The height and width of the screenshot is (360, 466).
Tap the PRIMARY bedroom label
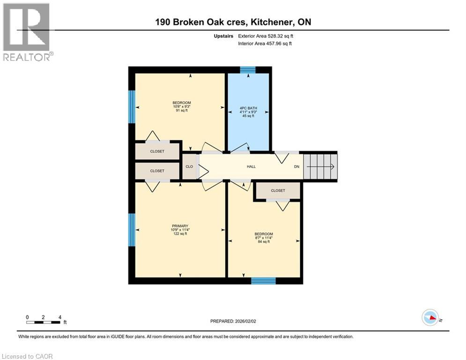[x=180, y=225]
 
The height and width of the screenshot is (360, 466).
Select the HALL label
[x=251, y=166]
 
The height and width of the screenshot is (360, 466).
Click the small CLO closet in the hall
[x=189, y=166]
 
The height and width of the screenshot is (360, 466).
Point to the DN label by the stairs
[x=296, y=166]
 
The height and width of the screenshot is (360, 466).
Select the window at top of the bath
[x=248, y=70]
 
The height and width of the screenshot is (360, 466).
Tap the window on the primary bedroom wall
[x=132, y=230]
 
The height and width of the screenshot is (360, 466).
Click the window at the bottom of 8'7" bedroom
[x=263, y=281]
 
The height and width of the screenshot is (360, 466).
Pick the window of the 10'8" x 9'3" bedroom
[x=132, y=106]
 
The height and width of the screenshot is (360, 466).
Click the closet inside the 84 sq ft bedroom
[x=278, y=191]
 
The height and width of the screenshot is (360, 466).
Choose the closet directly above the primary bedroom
[x=157, y=171]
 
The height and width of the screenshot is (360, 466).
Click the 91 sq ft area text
[x=181, y=111]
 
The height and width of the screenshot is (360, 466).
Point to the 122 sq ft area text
[x=180, y=234]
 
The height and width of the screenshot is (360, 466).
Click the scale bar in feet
[x=44, y=322]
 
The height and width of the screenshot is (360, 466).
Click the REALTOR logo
[x=27, y=31]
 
